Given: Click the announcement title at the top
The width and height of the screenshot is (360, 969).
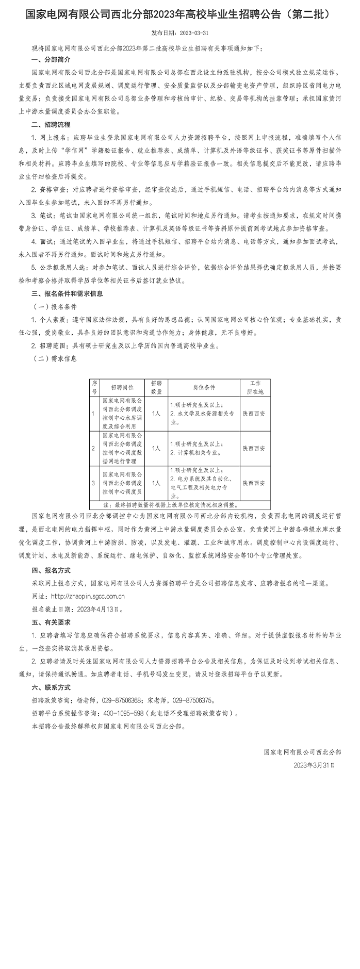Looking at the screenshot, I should pos(177,14).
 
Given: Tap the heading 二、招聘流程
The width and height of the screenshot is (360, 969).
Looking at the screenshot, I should pos(51,124).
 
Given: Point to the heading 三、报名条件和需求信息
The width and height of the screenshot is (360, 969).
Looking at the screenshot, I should pos(67,293).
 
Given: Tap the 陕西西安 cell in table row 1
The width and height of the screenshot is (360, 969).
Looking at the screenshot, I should pos(254,414).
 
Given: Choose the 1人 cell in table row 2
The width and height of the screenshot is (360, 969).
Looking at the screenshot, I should pos(156,448).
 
